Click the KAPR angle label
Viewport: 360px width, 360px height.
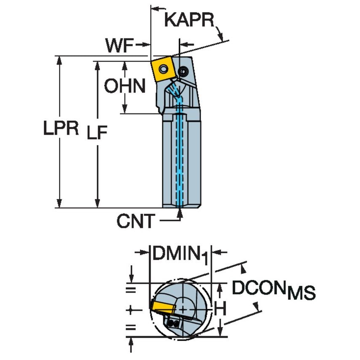[189, 20]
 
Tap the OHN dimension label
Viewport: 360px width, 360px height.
[125, 86]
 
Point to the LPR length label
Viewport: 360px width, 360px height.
[61, 129]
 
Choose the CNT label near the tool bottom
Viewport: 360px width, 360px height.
[136, 221]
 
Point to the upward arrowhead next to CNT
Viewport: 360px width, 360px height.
[180, 214]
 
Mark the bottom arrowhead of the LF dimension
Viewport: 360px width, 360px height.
[97, 204]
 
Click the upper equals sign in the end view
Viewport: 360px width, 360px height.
[131, 289]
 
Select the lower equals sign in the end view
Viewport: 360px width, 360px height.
[131, 327]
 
